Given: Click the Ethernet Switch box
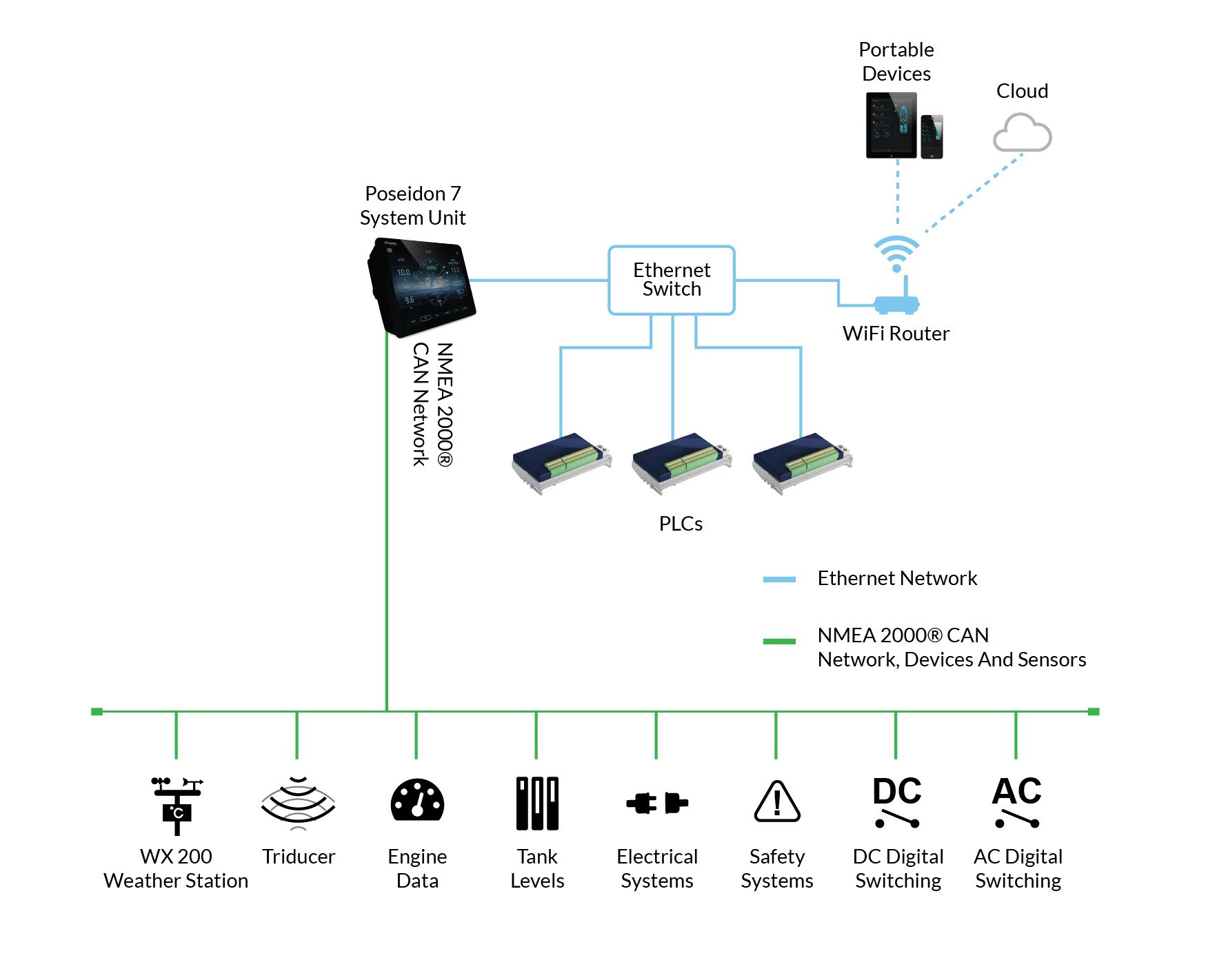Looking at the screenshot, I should click(671, 280).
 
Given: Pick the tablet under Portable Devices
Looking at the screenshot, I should click(892, 125).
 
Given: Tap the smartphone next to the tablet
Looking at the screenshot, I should click(932, 136).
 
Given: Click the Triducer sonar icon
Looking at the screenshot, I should click(298, 801).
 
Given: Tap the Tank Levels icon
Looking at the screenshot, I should click(537, 803).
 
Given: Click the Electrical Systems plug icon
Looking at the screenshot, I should click(657, 803).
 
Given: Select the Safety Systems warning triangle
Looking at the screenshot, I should click(777, 802).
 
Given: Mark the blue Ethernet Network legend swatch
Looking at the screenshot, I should click(779, 580).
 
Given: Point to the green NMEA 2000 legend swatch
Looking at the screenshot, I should click(779, 642).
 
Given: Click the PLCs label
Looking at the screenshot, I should click(681, 524).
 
